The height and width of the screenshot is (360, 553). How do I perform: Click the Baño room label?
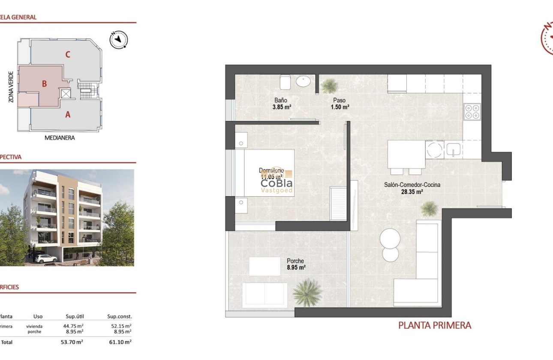281,100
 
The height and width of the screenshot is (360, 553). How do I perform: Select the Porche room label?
295,261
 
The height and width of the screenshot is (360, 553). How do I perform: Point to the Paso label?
339,100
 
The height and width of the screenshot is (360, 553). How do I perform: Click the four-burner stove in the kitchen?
471,111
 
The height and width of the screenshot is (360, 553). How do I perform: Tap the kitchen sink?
453,150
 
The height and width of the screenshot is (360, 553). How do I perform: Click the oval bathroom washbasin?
305,81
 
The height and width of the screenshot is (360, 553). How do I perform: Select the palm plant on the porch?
307,292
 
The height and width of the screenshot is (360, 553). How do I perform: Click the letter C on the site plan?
68,54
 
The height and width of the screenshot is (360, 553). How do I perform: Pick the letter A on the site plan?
67,114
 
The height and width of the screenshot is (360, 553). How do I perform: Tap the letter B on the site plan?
44,84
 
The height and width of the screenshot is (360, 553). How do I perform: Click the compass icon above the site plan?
119,40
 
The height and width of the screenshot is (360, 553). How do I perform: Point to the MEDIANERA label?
60,138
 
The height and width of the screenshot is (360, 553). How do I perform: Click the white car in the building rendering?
45,258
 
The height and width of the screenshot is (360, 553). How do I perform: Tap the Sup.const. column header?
119,316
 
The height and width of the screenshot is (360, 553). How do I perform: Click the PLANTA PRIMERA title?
435,325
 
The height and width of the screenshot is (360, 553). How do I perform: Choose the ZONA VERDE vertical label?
11,87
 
